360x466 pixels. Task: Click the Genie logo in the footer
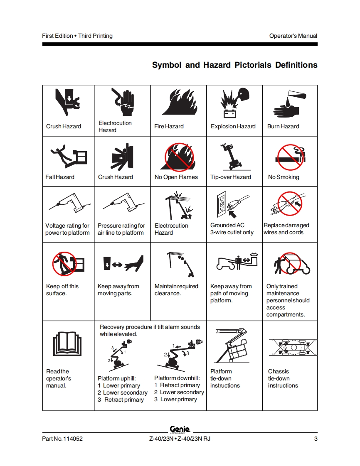180,429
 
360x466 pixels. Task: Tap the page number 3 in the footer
316,439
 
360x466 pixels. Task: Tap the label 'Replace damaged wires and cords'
286,229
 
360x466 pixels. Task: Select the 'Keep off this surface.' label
62,290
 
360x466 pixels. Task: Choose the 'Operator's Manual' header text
293,36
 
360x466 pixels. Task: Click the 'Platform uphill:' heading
117,379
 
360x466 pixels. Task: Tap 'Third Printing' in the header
95,36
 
